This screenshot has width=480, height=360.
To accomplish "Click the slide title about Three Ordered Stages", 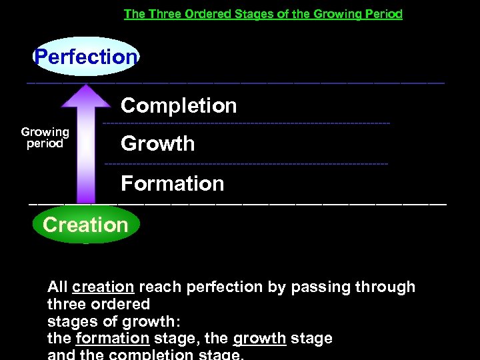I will click(263, 14).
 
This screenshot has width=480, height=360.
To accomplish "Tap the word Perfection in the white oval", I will click(85, 57).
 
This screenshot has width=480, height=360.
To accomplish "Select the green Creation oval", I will click(85, 225).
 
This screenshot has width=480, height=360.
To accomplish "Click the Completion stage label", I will click(179, 105).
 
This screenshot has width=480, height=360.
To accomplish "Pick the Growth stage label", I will click(158, 143).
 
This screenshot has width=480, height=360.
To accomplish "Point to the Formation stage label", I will click(173, 183).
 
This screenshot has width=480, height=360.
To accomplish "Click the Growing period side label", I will click(45, 137).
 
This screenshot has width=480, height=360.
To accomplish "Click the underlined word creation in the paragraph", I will click(103, 287).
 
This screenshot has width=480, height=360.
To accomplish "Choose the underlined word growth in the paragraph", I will click(259, 338).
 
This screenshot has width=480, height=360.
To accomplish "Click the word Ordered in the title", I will click(202, 14).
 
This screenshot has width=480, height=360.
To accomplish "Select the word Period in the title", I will click(383, 14).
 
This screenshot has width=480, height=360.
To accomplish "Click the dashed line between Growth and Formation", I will click(247, 163).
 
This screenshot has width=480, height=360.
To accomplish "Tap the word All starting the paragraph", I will click(58, 287).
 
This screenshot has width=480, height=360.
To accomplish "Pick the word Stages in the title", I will click(249, 14).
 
